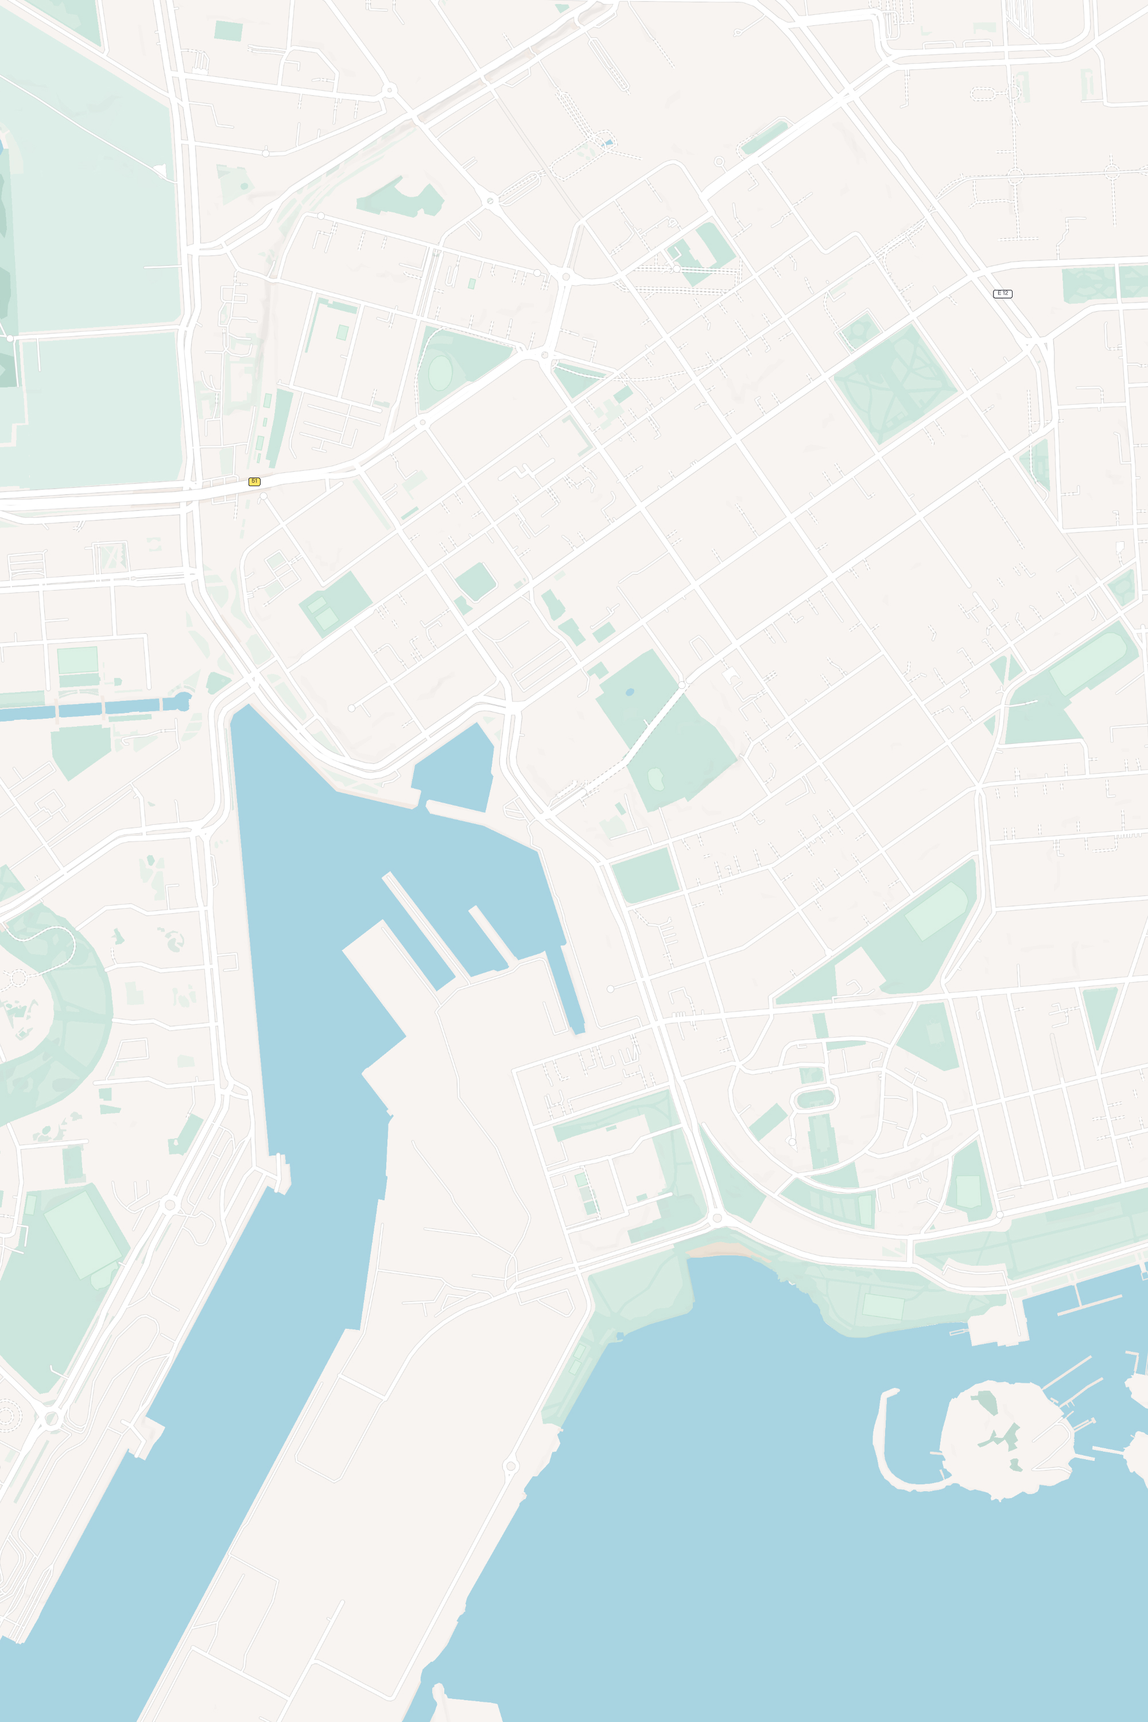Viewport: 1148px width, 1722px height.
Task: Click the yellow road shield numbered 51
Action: tap(254, 481)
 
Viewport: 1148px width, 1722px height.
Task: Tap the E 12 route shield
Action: tap(1002, 293)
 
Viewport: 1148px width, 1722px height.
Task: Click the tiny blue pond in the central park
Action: tap(630, 691)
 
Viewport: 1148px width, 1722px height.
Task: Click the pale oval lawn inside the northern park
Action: tap(440, 372)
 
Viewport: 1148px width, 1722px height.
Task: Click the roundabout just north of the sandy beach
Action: tap(717, 1217)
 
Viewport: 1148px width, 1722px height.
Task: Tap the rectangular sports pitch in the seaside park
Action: tap(882, 1307)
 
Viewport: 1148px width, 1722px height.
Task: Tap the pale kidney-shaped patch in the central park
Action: tap(656, 779)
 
